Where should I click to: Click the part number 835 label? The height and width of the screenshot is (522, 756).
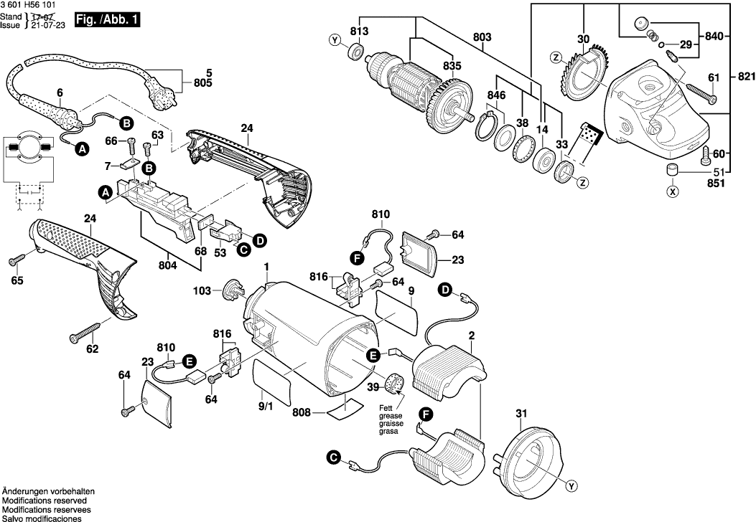pos(452,65)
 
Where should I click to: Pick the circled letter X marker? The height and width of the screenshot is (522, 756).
pos(672,191)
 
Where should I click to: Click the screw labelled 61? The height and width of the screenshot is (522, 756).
pos(702,91)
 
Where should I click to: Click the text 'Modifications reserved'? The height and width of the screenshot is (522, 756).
pos(45,500)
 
